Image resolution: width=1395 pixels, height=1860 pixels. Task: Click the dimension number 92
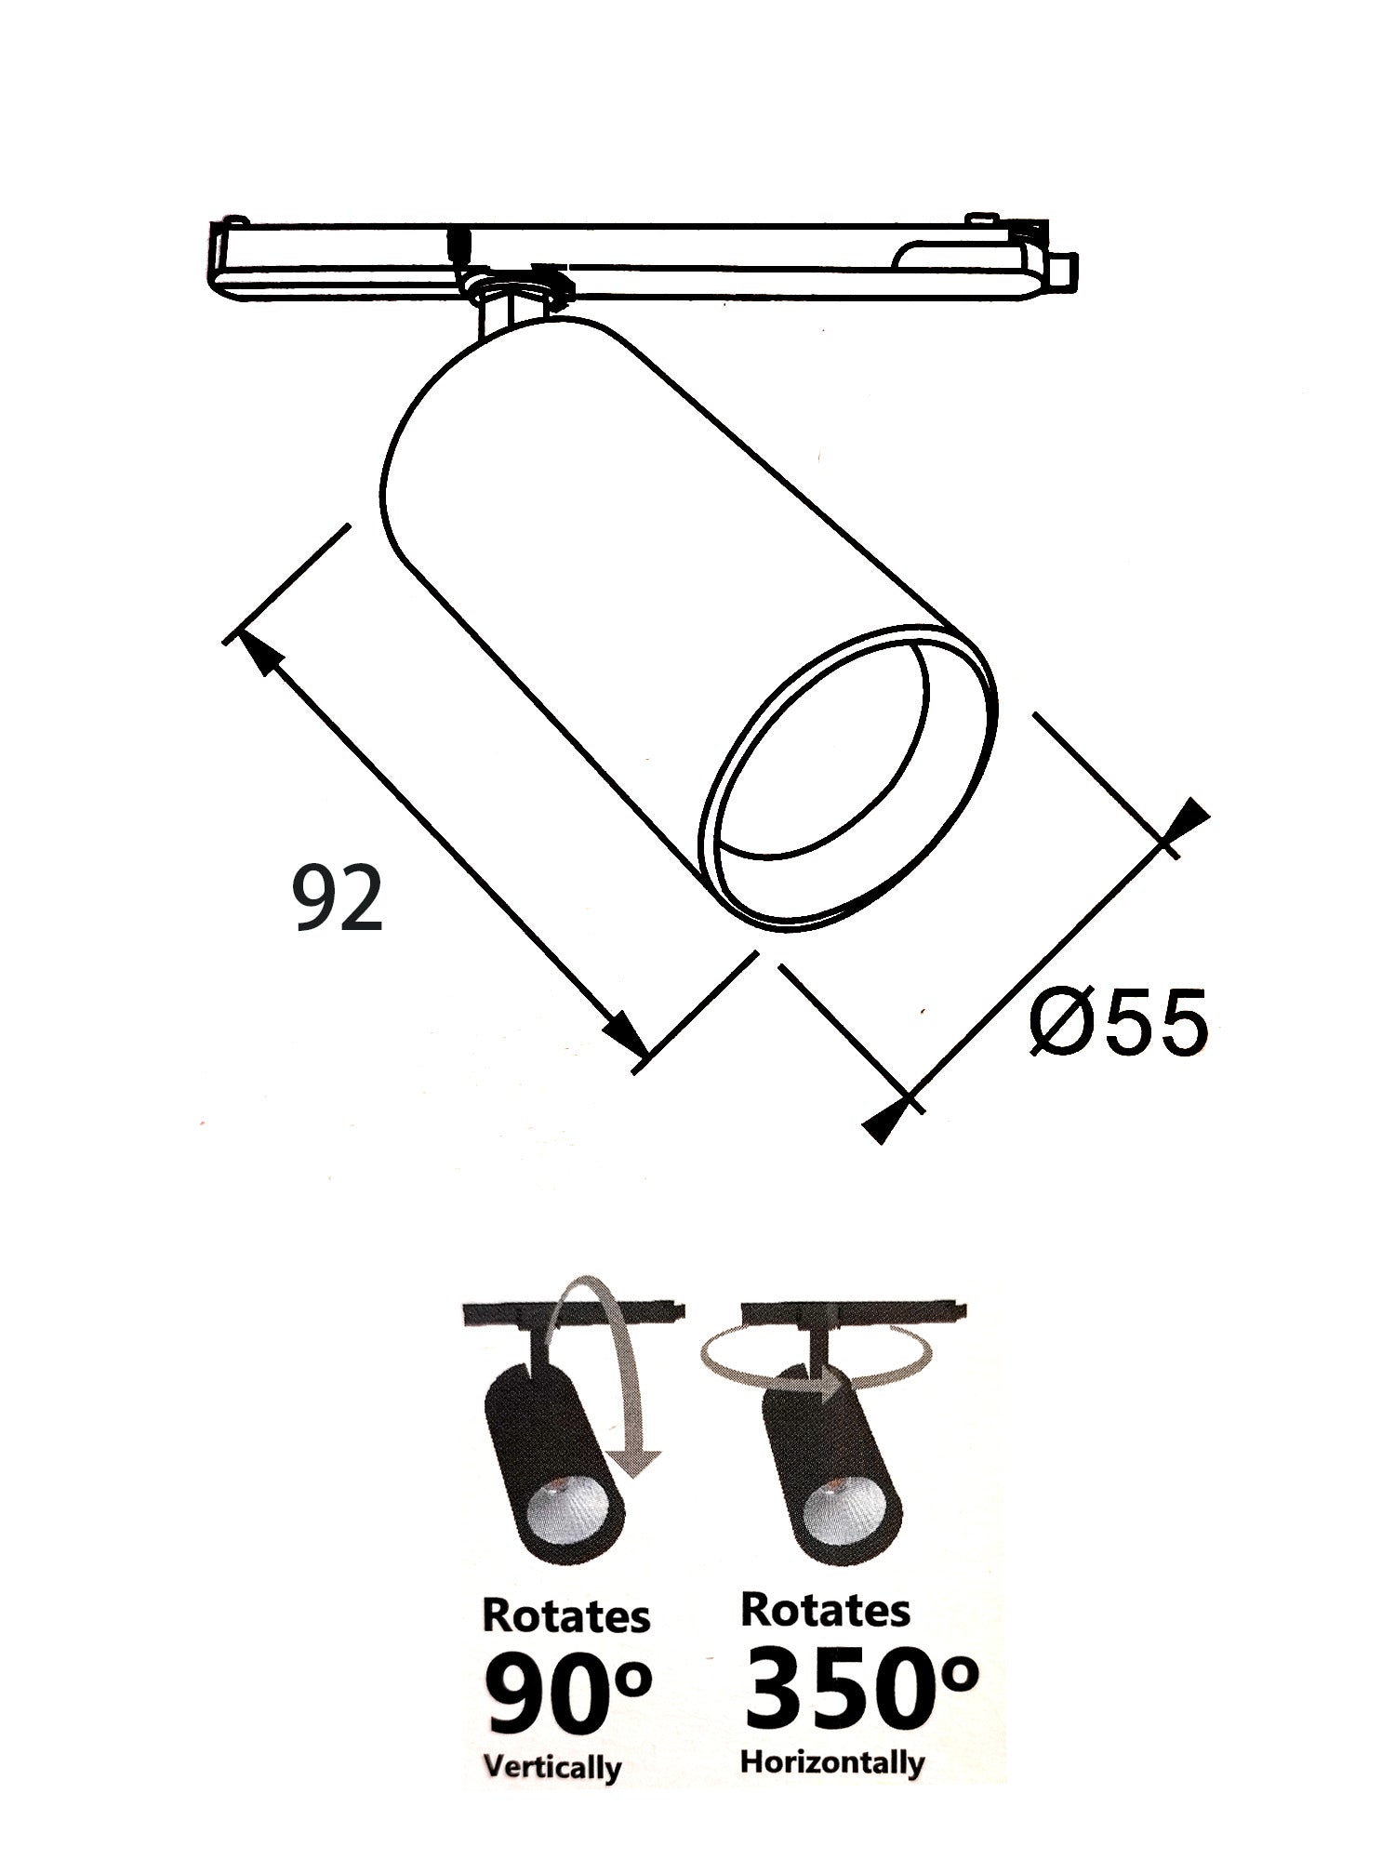point(338,897)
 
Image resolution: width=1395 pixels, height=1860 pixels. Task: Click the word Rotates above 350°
point(825,1610)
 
